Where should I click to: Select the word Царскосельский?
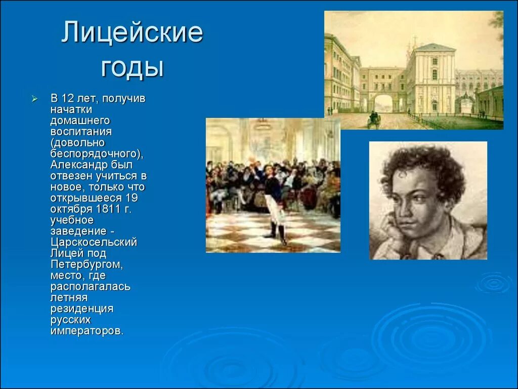[x=94, y=242]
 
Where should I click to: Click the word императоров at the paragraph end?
[x=85, y=331]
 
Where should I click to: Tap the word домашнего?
[x=80, y=121]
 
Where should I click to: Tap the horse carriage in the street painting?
[x=374, y=120]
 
